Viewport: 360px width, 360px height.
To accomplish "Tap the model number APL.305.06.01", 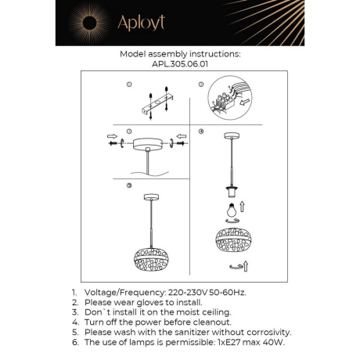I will click(x=179, y=65).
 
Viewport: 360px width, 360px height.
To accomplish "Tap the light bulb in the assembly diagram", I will click(x=232, y=211).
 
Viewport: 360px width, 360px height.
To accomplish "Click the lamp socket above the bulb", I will click(x=232, y=191).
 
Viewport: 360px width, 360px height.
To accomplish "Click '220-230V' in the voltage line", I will click(x=185, y=291).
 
